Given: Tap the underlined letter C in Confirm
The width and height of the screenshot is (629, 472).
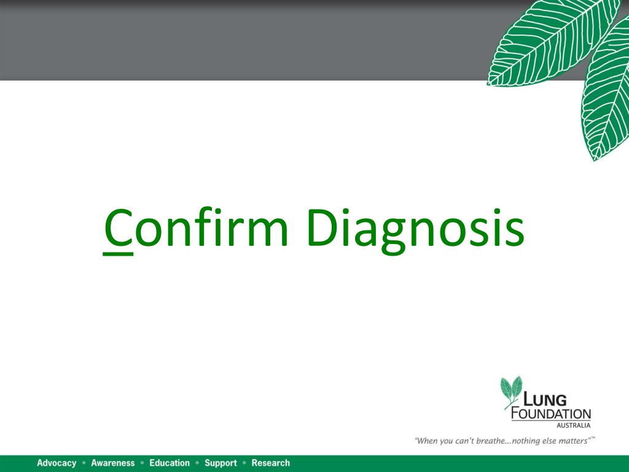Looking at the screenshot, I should [x=117, y=229].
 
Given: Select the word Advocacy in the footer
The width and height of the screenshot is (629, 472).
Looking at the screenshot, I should [x=57, y=463].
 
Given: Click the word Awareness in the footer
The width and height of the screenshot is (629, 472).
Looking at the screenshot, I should [x=112, y=463].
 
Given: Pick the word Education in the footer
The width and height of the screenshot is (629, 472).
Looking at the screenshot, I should [x=170, y=463].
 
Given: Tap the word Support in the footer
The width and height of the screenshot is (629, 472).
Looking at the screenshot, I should [x=221, y=463].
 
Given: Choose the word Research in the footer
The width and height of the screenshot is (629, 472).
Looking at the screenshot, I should [x=270, y=463].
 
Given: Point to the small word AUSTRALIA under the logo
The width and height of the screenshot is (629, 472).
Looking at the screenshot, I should [x=573, y=425].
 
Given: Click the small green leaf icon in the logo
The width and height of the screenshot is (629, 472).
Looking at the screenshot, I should [x=510, y=390].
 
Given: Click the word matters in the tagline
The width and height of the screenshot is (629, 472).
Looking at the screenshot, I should [x=571, y=440].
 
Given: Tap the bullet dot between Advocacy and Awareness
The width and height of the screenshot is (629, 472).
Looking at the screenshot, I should [x=84, y=463].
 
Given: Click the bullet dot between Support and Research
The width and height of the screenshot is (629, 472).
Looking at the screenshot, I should [x=244, y=463].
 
